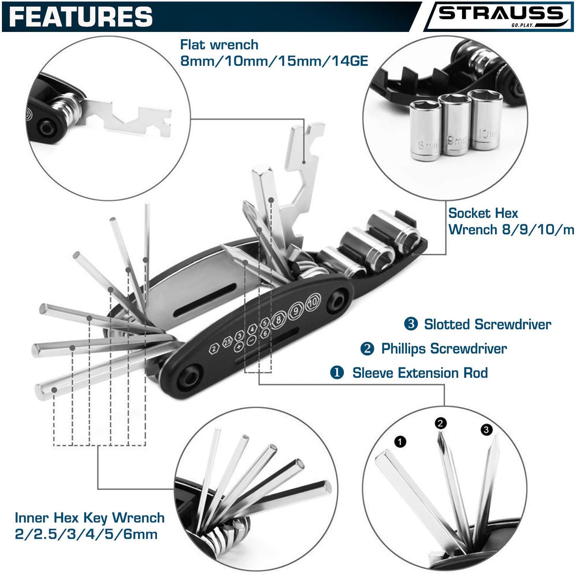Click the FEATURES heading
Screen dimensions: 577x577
(81, 17)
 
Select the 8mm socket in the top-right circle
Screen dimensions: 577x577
(425, 131)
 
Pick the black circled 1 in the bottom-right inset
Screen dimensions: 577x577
(401, 441)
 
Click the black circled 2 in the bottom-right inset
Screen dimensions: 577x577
(440, 423)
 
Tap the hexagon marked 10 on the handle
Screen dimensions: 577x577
(313, 302)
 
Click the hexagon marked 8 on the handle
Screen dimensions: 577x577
(278, 319)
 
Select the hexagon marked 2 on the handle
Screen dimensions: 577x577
(214, 349)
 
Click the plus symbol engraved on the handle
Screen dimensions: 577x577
(238, 347)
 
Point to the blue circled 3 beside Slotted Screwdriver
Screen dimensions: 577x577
(411, 324)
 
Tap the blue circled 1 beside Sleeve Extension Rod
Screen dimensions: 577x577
(337, 373)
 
